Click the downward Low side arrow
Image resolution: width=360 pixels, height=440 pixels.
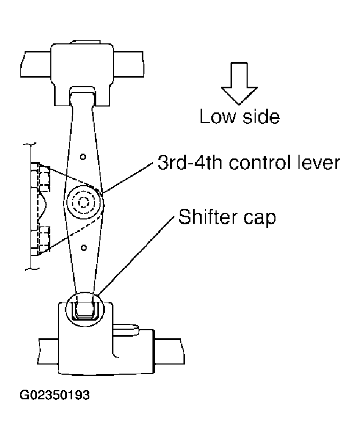pyautogui.click(x=239, y=84)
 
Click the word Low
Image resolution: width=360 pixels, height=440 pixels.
pyautogui.click(x=218, y=117)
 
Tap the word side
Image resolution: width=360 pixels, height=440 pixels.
pyautogui.click(x=261, y=117)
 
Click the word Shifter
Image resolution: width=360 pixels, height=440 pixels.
pyautogui.click(x=208, y=216)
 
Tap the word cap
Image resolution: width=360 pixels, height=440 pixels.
pyautogui.click(x=259, y=218)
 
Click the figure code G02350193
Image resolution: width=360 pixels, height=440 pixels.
pyautogui.click(x=55, y=395)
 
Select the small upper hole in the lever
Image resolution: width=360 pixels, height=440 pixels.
pyautogui.click(x=83, y=157)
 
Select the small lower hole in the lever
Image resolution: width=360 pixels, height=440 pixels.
pyautogui.click(x=83, y=247)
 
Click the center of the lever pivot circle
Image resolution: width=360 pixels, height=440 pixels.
pyautogui.click(x=83, y=202)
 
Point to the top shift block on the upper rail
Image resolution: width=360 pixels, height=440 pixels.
pyautogui.click(x=82, y=74)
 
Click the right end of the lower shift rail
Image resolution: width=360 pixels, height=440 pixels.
pyautogui.click(x=182, y=352)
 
